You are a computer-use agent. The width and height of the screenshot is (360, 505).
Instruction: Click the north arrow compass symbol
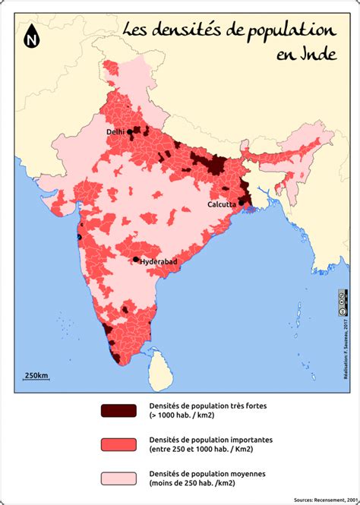point(33,36)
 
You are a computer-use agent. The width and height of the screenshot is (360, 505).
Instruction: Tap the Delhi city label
point(115,132)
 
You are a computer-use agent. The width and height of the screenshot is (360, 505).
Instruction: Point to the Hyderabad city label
point(159,262)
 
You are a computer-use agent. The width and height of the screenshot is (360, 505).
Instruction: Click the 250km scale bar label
point(36,375)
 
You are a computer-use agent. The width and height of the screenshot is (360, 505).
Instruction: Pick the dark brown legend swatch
point(118,411)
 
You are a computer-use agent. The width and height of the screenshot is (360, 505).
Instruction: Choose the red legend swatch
point(118,444)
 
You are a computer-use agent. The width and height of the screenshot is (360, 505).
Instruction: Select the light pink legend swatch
point(118,478)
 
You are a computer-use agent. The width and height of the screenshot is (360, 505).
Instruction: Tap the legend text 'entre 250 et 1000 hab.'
point(193,449)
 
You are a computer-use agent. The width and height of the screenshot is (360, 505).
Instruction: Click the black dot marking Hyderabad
point(136,260)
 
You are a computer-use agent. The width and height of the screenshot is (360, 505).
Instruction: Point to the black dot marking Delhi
point(129,131)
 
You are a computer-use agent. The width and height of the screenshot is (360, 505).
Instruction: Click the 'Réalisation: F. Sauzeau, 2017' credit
point(336,346)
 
